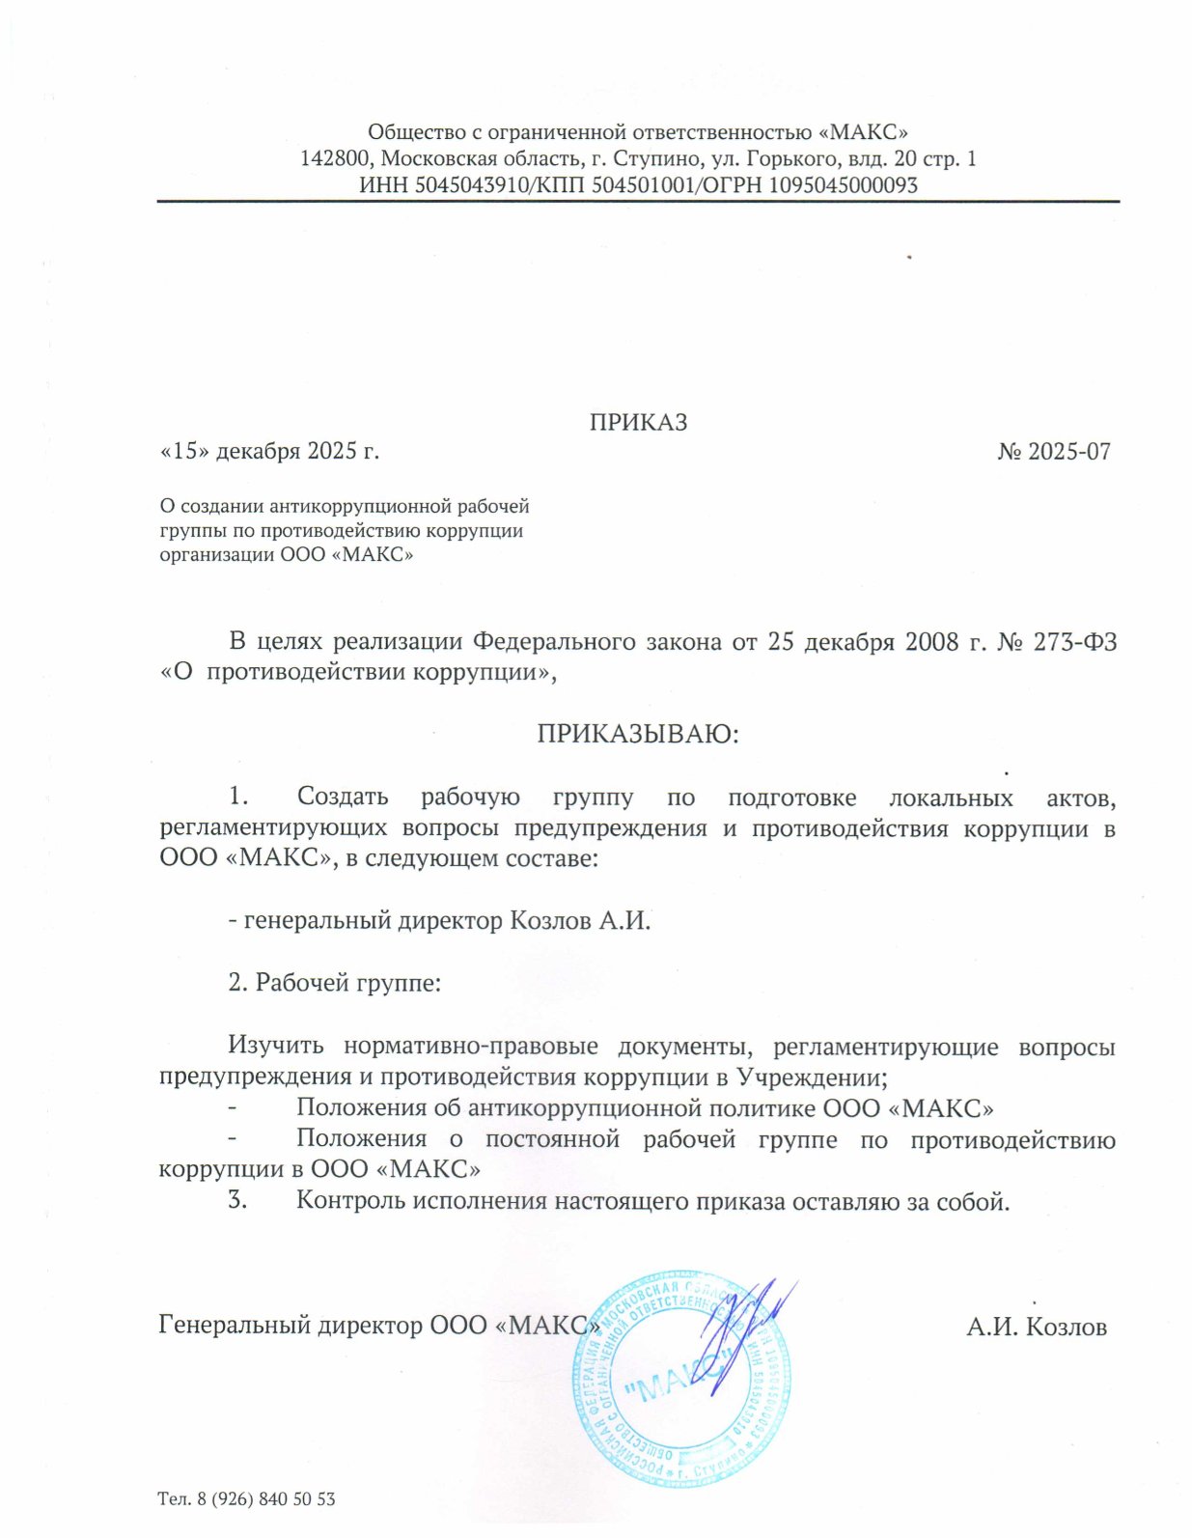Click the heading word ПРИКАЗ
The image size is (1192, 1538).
click(638, 422)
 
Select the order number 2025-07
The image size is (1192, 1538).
click(1068, 451)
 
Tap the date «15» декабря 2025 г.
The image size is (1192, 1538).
click(268, 451)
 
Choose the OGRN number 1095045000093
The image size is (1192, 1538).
click(843, 184)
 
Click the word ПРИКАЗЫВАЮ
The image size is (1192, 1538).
click(637, 734)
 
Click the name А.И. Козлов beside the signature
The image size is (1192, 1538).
click(1037, 1327)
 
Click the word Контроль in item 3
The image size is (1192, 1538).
click(350, 1201)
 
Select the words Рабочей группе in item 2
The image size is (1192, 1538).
click(347, 983)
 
